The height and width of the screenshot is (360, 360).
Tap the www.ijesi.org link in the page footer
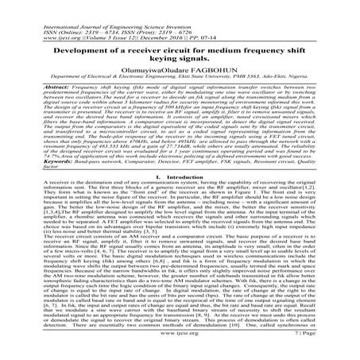coord(180,349)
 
